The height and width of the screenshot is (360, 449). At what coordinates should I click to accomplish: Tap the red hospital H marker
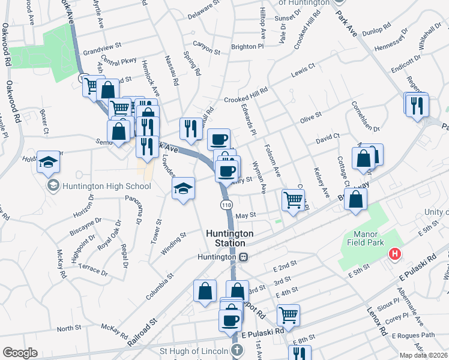coord(395,254)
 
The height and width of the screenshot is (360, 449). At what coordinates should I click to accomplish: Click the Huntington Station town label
coord(226,238)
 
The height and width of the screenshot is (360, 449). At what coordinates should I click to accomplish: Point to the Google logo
coord(20,353)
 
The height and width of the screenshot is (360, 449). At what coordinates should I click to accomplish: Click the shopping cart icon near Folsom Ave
coord(293,200)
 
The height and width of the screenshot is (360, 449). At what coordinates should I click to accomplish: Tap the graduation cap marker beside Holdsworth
coord(48,162)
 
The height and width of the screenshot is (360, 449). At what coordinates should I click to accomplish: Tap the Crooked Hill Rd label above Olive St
coord(246,99)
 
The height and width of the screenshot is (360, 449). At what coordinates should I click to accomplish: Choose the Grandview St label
coord(102,45)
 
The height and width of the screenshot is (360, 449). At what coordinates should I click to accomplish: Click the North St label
coord(69,328)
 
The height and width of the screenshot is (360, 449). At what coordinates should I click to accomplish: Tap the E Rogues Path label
coord(412,335)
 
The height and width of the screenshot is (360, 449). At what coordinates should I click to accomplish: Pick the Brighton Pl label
coord(247,46)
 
